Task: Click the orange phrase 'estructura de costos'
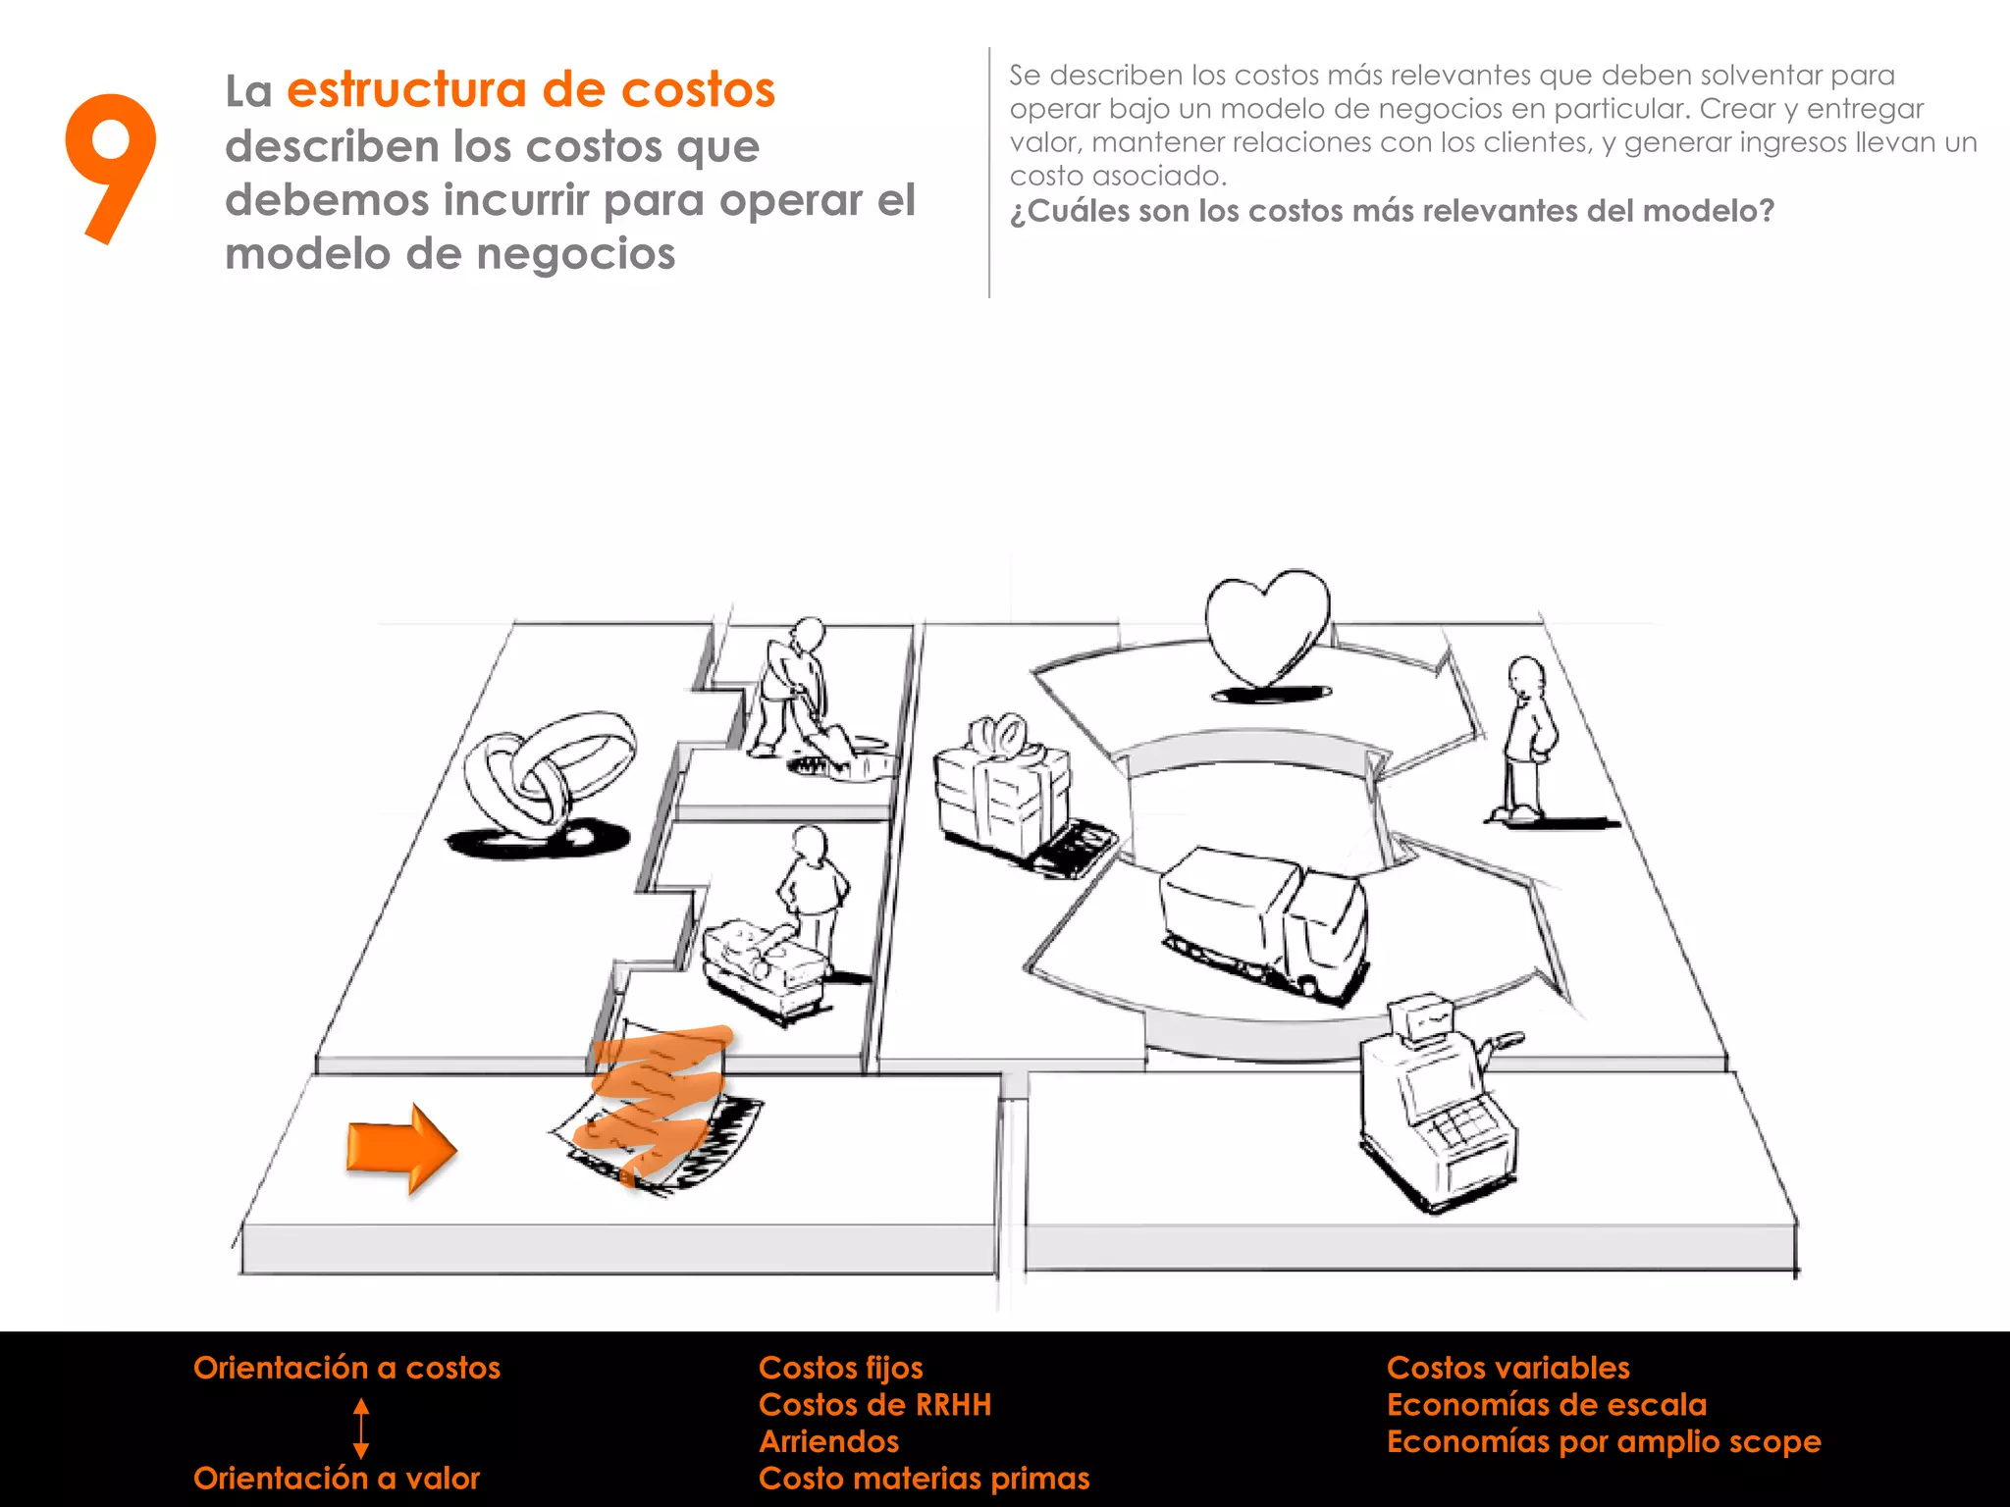point(530,90)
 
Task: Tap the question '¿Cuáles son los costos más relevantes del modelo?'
point(1392,211)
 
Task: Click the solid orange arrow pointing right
point(400,1148)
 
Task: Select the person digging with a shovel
point(797,692)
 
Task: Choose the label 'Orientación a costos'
point(346,1368)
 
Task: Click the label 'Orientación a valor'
point(337,1478)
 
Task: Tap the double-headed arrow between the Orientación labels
point(361,1428)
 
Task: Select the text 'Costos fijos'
point(840,1368)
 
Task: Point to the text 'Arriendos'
point(828,1441)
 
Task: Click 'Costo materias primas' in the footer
point(924,1478)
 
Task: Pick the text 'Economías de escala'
point(1546,1405)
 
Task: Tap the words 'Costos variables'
point(1507,1368)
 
